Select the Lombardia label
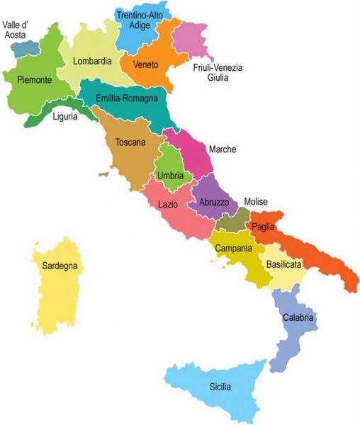(93, 61)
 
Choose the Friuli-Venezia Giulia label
(218, 73)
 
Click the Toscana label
(130, 142)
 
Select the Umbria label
(170, 175)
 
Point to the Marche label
(223, 149)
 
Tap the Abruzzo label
(213, 203)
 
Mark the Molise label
(256, 202)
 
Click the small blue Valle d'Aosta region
(26, 48)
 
